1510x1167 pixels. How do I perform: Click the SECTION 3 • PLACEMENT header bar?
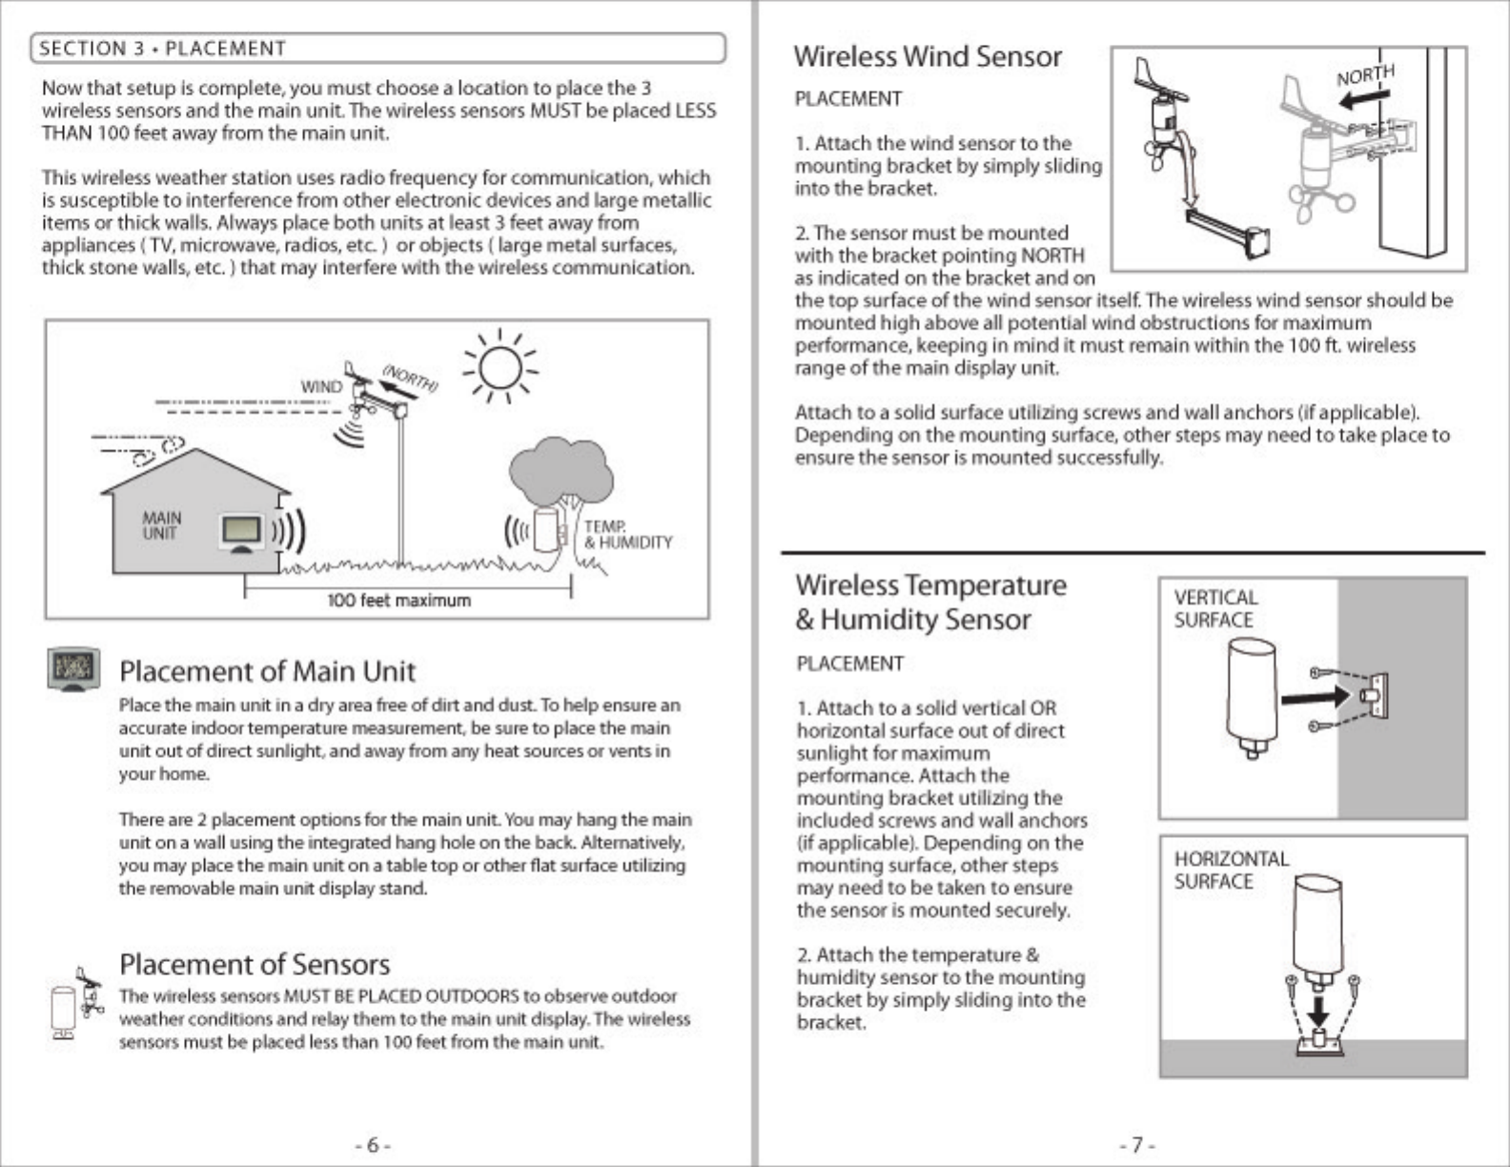[377, 49]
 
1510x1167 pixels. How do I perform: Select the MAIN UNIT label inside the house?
[161, 525]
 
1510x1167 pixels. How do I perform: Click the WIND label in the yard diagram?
[321, 387]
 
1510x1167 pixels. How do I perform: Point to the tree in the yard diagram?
[561, 477]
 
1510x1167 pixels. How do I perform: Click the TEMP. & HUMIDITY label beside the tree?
[627, 535]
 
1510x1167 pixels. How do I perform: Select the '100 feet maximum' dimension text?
[398, 601]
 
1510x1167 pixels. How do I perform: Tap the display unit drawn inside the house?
[242, 533]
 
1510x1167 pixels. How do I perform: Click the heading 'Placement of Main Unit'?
[267, 671]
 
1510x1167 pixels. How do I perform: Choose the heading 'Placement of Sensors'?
[255, 964]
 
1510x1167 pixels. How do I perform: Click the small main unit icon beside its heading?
[73, 668]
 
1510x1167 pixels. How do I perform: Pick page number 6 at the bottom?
[373, 1145]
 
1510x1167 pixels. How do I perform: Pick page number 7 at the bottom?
[1137, 1145]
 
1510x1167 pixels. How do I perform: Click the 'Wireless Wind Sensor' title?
[928, 56]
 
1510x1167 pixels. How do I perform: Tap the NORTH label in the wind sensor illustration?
[1365, 75]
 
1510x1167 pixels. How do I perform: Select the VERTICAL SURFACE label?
[1215, 608]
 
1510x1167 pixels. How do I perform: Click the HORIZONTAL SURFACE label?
[1231, 870]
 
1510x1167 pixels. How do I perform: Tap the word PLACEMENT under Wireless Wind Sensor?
[848, 99]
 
